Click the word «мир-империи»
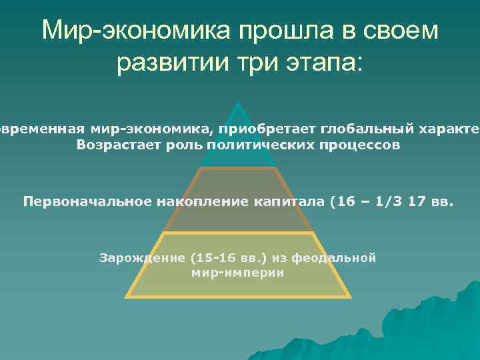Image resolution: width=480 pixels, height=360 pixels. click(x=237, y=273)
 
